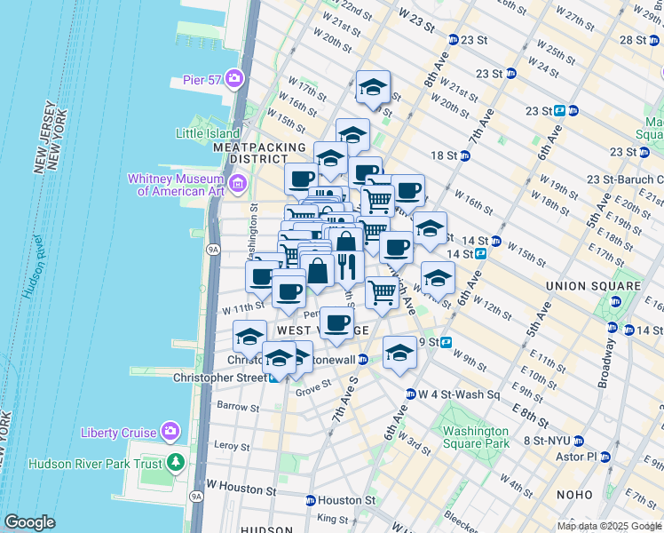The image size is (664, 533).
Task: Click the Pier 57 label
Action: [205, 78]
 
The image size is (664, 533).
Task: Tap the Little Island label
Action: [203, 133]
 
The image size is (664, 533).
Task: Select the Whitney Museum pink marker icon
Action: [237, 185]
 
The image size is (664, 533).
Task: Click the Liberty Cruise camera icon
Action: [170, 433]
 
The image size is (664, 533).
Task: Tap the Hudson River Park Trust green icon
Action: [176, 463]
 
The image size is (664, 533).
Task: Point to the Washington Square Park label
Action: [476, 436]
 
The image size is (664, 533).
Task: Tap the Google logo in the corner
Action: [29, 522]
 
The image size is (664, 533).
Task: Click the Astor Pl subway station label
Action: [576, 457]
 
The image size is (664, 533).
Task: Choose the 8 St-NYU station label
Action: [546, 440]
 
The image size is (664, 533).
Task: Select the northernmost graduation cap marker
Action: [374, 88]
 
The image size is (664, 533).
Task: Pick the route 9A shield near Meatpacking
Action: [212, 251]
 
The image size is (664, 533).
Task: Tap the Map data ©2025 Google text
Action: [609, 526]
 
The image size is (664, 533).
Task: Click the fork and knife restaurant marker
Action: [347, 266]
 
